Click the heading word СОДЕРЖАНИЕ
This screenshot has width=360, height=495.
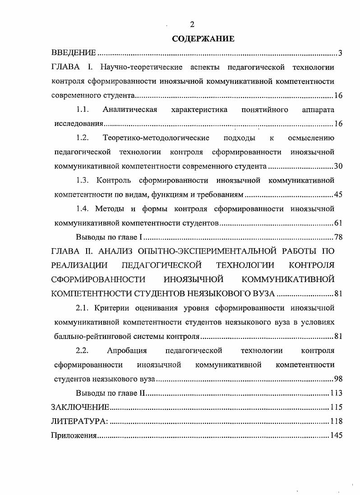tap(203, 39)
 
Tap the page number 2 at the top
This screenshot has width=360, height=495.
tap(192, 24)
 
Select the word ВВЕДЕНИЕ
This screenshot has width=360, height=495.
tap(73, 54)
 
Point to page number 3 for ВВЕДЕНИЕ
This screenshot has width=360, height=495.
tap(341, 54)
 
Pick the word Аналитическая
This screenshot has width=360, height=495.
tap(130, 110)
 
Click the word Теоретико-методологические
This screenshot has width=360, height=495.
tap(156, 138)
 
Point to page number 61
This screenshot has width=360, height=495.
tap(339, 223)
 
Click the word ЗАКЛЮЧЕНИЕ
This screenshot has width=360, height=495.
tap(81, 407)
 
